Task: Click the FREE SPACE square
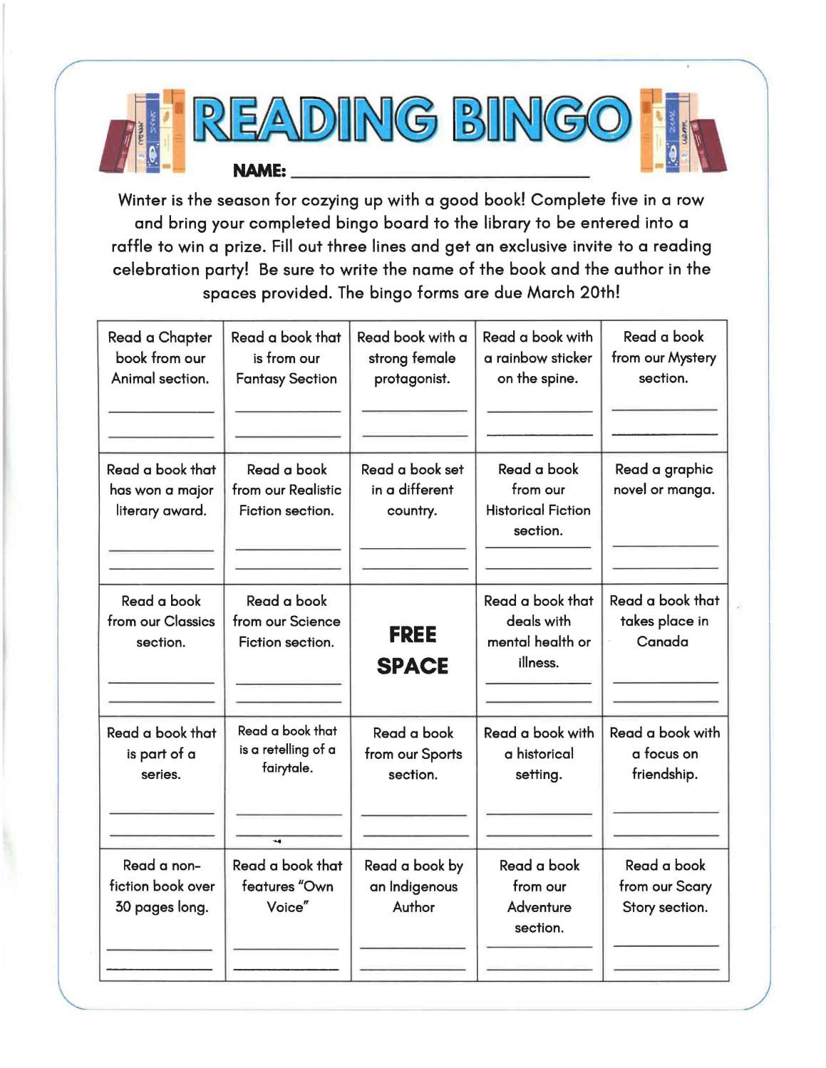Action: tap(413, 650)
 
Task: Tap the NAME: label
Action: tap(259, 171)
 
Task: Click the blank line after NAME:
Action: tap(440, 174)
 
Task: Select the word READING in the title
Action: tap(314, 120)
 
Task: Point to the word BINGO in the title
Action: tap(542, 120)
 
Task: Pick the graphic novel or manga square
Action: tap(664, 518)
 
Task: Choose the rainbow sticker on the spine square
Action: tap(538, 385)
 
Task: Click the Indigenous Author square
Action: tap(413, 914)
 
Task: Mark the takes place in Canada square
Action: tap(664, 649)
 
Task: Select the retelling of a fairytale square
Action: tap(287, 782)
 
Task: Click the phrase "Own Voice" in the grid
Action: tap(287, 896)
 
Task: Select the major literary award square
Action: tap(161, 518)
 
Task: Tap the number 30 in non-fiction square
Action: tap(123, 907)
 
